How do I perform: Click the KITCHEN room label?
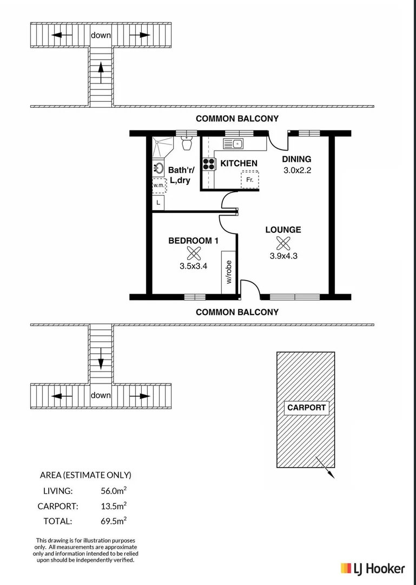(x=239, y=163)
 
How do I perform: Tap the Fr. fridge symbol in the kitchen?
(x=249, y=179)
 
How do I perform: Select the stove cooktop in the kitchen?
(x=209, y=164)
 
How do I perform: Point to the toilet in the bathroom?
(x=187, y=144)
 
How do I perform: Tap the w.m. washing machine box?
(x=159, y=185)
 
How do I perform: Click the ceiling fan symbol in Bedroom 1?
(x=193, y=253)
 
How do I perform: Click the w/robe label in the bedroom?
(x=229, y=272)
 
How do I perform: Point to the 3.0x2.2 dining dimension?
(x=298, y=170)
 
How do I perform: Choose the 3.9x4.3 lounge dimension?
(x=283, y=256)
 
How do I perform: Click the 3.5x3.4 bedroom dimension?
(x=193, y=266)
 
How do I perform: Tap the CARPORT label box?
(x=306, y=408)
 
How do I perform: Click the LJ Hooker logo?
(x=372, y=568)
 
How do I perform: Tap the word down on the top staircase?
(x=101, y=35)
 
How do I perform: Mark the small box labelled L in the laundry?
(x=158, y=203)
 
